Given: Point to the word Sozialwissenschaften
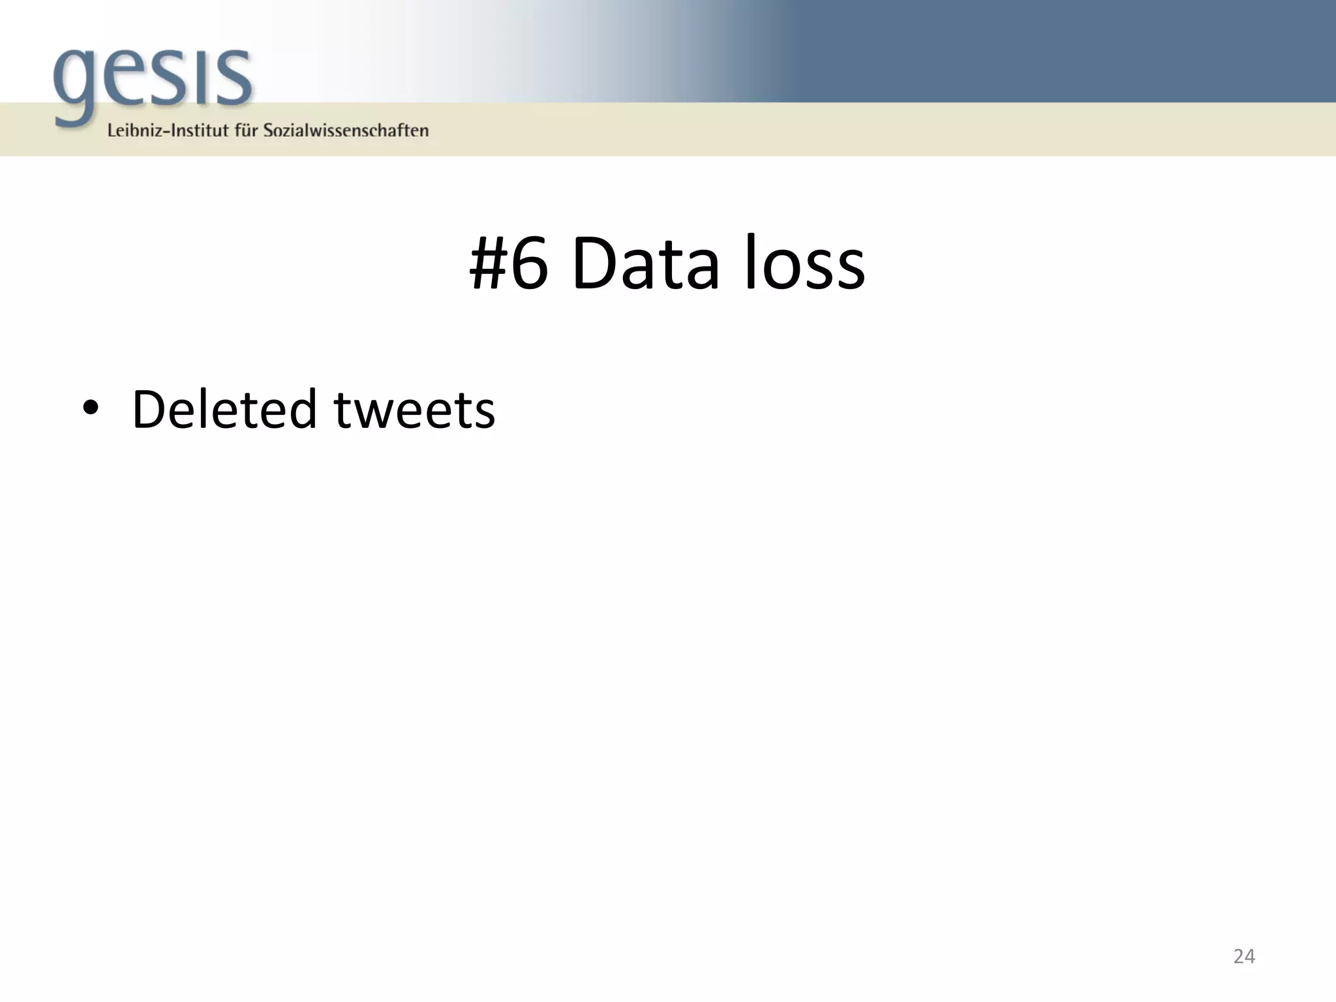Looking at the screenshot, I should click(346, 130).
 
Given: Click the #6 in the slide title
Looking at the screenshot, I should click(508, 264).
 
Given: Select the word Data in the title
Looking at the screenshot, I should click(645, 264).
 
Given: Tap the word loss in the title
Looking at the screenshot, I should click(804, 264).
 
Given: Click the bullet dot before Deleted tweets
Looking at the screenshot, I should click(91, 408).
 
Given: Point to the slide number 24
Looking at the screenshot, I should click(1244, 956).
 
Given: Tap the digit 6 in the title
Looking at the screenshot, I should click(529, 264).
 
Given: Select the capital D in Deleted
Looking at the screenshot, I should click(151, 410).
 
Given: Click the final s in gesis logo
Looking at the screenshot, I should click(233, 78).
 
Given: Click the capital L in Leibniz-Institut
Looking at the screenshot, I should click(112, 130).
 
